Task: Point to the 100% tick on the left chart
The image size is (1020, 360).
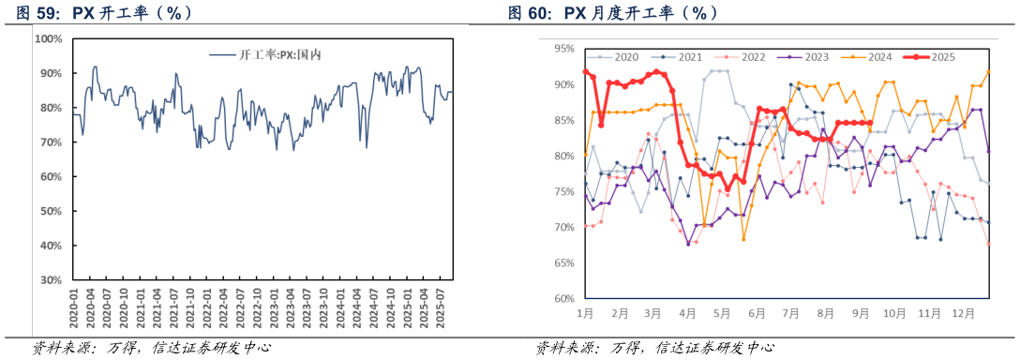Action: [48, 39]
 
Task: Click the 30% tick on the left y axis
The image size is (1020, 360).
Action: [51, 280]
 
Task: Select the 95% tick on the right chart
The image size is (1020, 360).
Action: [565, 48]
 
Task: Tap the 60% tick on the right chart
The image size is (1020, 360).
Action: [565, 299]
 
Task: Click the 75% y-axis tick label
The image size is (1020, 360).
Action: [565, 191]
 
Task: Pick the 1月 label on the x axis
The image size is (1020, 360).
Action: [586, 311]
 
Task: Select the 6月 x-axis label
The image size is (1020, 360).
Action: [756, 311]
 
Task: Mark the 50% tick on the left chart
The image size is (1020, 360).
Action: [51, 211]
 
